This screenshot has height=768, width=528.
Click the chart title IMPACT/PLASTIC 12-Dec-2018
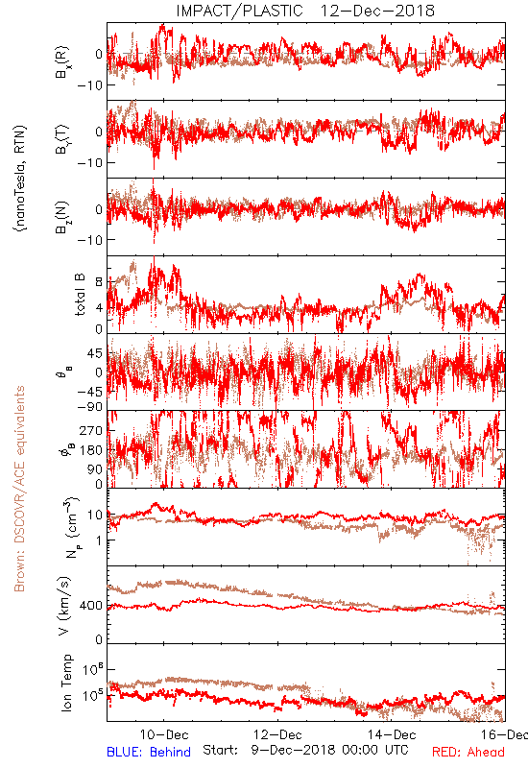(305, 11)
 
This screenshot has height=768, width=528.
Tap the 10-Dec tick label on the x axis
(164, 734)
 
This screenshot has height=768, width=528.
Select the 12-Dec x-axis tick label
(277, 734)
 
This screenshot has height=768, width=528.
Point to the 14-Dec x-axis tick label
(392, 734)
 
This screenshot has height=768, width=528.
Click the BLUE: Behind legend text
(149, 752)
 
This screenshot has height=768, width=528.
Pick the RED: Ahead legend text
(468, 752)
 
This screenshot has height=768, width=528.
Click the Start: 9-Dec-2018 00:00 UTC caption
(305, 750)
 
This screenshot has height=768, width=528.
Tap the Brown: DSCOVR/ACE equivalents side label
(19, 489)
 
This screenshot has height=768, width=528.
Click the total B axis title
(80, 295)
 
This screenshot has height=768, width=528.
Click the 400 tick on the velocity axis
(91, 606)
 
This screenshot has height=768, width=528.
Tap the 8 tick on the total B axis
(100, 282)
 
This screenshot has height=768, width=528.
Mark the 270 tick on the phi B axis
(91, 430)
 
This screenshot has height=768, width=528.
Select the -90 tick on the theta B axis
(89, 406)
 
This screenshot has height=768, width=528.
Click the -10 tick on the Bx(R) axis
(89, 84)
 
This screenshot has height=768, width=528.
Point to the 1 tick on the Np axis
(100, 540)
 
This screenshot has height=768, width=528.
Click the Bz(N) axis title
(62, 217)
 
